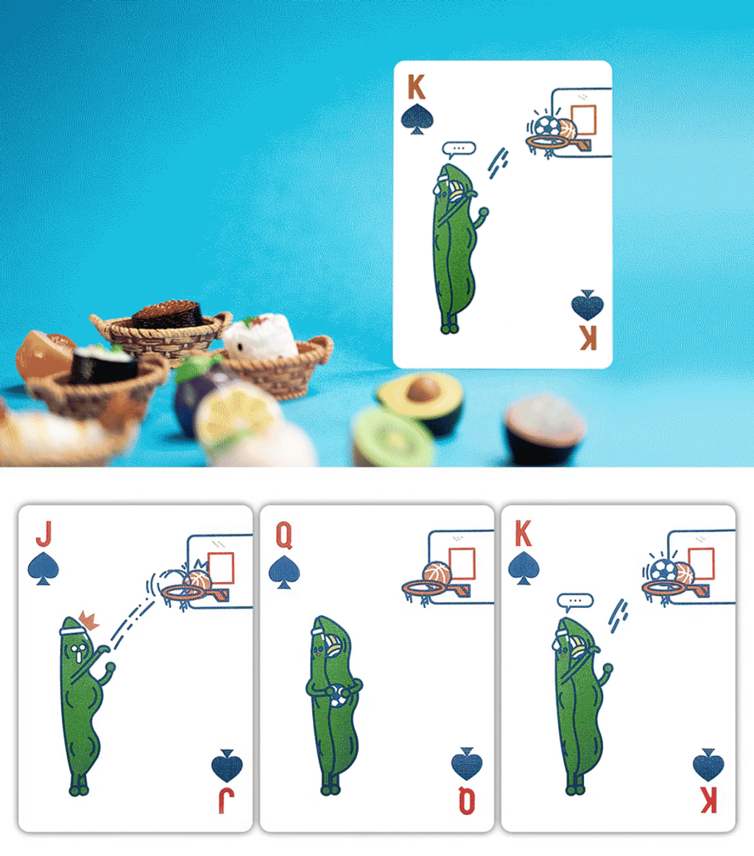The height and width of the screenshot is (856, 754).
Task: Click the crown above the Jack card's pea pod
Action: [87, 620]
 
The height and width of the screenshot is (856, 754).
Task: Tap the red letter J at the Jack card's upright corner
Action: [44, 534]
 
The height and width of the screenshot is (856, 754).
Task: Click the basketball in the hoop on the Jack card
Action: [197, 581]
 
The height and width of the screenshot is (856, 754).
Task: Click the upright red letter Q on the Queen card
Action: [284, 535]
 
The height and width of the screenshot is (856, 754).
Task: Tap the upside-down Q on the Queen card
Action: [467, 801]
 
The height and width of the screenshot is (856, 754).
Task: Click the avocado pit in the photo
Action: [423, 390]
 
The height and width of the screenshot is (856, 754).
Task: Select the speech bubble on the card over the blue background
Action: [459, 149]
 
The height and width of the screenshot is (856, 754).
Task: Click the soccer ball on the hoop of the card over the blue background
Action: [546, 127]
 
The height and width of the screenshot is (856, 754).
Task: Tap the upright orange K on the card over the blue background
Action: [416, 87]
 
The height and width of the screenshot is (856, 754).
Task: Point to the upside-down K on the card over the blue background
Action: [588, 338]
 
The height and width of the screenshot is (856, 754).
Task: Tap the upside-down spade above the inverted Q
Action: [467, 763]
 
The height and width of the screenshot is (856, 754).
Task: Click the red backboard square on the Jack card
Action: [221, 568]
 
